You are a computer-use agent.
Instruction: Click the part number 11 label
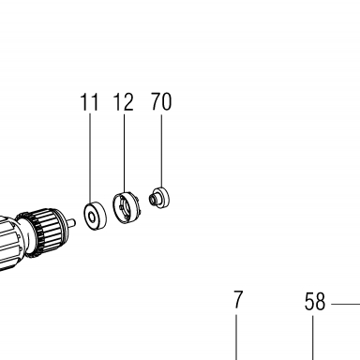89,102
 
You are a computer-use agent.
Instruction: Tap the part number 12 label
123,102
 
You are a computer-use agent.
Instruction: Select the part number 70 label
161,101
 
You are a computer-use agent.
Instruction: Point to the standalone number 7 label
238,300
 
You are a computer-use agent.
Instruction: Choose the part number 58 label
315,302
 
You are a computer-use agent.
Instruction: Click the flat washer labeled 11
95,217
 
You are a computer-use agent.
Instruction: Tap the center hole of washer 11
92,217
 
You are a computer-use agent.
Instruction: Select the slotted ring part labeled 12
127,208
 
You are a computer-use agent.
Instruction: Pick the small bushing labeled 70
159,198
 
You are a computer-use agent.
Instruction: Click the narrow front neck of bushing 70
153,199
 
